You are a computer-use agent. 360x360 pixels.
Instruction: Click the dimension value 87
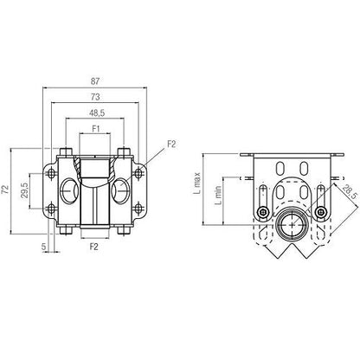pos(95,81)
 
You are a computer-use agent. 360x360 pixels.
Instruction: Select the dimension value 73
pos(95,97)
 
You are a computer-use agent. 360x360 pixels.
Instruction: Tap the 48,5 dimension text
pos(97,113)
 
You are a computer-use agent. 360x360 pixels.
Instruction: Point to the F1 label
pos(96,129)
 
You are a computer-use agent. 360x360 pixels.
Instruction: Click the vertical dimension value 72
pos(5,189)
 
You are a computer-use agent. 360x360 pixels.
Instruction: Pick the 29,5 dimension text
pos(24,190)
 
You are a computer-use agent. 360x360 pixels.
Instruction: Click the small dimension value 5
pos(43,247)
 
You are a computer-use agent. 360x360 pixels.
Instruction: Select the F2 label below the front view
pos(94,247)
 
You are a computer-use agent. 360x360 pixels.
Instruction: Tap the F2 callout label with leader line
pos(171,144)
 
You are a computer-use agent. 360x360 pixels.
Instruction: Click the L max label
pos(196,183)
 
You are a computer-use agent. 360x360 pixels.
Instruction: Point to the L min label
pos(218,196)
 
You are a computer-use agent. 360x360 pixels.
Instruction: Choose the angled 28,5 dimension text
pos(350,192)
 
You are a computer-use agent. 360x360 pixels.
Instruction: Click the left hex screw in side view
pos(263,213)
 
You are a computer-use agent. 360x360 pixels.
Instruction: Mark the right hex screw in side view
pos(320,213)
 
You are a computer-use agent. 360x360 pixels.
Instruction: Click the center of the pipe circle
pos(292,225)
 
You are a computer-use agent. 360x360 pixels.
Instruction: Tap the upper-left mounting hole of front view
pos(52,173)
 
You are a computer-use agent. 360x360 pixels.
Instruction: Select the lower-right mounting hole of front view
pos(138,208)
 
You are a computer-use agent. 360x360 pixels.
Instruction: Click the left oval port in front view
pos(69,190)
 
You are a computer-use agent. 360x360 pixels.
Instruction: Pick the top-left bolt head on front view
pos(66,151)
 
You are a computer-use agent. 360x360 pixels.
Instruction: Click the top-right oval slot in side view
pos(304,168)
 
